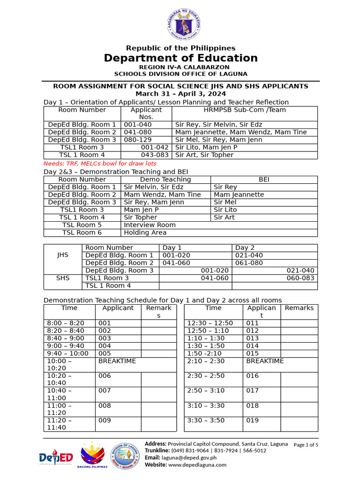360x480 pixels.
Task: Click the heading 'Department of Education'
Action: point(180,58)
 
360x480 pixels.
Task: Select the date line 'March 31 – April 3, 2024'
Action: point(180,94)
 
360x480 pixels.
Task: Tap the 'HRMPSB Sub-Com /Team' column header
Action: point(244,110)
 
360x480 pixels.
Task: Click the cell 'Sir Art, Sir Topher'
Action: point(204,155)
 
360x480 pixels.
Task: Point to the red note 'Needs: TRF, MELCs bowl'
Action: point(100,164)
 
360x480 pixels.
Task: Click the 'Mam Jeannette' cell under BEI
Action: point(239,195)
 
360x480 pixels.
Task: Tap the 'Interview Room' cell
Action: point(150,225)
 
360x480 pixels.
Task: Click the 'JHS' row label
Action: point(63,255)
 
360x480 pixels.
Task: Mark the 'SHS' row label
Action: point(63,278)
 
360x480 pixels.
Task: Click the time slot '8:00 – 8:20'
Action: point(65,323)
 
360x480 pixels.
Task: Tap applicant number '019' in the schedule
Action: point(252,420)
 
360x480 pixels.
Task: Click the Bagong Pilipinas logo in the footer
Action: point(94,457)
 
